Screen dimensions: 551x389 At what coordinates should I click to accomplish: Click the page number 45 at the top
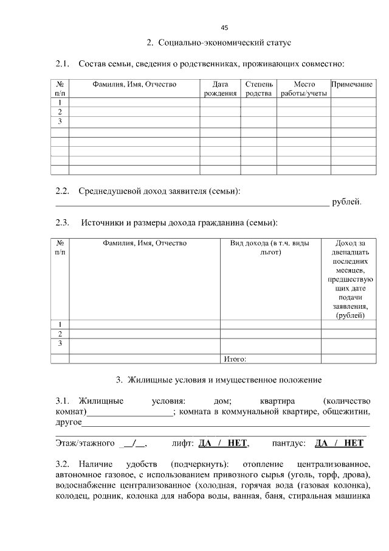[x=224, y=28]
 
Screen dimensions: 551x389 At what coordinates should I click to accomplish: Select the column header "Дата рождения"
[x=220, y=89]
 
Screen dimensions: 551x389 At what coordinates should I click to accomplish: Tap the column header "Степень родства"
[x=258, y=89]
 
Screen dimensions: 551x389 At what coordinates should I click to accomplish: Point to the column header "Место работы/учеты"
[x=304, y=89]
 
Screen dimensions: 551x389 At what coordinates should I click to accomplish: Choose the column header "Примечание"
[x=352, y=85]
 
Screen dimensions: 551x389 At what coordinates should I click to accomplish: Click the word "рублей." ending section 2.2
[x=347, y=202]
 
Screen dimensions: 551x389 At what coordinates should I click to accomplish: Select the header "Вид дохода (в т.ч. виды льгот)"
[x=270, y=247]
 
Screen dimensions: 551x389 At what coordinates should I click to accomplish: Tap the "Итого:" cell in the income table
[x=235, y=359]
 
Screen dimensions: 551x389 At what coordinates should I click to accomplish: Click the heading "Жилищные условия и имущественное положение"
[x=219, y=381]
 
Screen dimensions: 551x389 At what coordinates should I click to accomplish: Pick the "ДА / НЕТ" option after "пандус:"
[x=339, y=443]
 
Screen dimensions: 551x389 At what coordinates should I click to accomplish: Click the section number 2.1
[x=63, y=63]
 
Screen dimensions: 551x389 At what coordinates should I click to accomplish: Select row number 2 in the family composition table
[x=60, y=112]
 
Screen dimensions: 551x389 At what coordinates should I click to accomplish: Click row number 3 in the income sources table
[x=60, y=343]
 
